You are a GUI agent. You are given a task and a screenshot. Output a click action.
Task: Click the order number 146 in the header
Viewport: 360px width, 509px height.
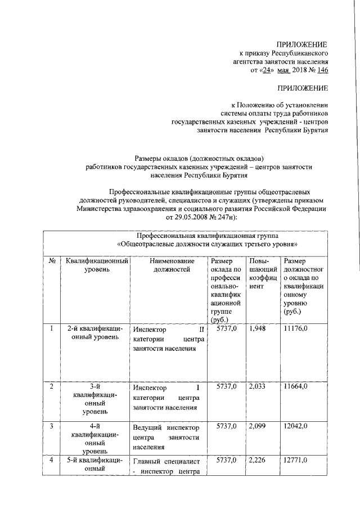click(321, 70)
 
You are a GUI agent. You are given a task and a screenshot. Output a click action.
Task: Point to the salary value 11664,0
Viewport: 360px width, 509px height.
click(296, 386)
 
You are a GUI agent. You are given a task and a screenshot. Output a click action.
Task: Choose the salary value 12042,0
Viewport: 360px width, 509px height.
click(296, 425)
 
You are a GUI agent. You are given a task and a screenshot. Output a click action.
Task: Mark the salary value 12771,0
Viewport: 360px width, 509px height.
click(296, 461)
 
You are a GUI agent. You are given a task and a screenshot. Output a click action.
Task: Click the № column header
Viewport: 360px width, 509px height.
click(51, 261)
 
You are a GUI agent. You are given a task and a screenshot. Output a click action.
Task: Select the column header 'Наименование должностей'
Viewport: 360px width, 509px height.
click(172, 265)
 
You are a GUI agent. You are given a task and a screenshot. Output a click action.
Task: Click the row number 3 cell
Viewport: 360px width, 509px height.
click(51, 425)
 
